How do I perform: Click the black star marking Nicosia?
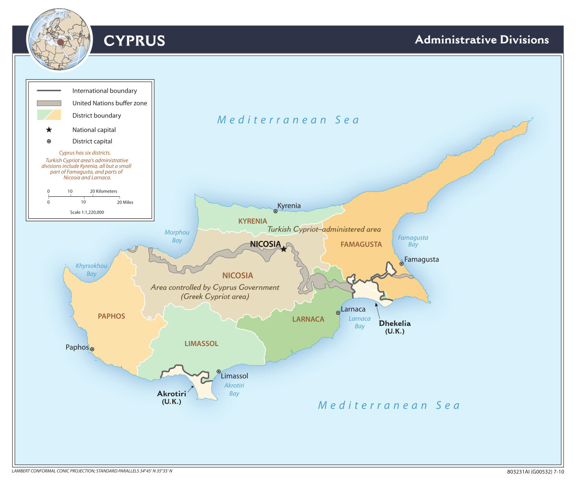(284, 249)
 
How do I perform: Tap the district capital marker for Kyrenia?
(276, 211)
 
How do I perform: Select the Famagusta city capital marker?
(401, 264)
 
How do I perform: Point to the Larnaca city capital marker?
(338, 312)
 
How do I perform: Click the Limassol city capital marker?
(218, 372)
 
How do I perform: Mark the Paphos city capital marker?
(92, 349)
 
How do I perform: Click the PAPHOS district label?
(111, 316)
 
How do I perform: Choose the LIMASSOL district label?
(201, 344)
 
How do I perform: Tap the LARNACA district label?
(308, 319)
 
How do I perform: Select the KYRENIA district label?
(252, 221)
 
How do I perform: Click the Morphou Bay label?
(177, 236)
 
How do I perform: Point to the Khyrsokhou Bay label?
(91, 270)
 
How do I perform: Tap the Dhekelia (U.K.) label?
(395, 327)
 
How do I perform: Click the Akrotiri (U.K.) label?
(171, 397)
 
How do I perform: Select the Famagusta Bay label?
(413, 241)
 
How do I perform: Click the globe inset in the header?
(60, 40)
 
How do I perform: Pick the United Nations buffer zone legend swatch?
(49, 103)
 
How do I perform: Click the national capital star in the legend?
(49, 130)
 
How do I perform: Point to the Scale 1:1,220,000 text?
(87, 212)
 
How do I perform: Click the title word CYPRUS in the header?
(134, 41)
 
